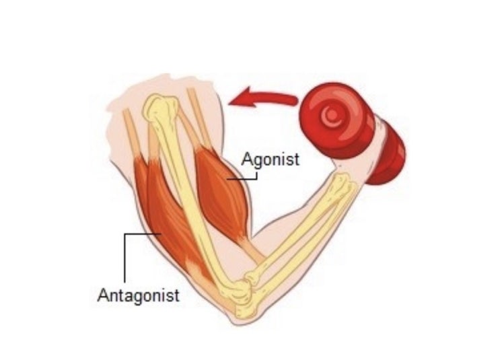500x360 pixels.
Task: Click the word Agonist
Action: coord(271,159)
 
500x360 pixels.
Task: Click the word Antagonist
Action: coord(139,295)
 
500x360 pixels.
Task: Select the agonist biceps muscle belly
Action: coord(221,191)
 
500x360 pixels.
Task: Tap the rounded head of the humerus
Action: coord(159,107)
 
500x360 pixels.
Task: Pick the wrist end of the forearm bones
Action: coord(342,182)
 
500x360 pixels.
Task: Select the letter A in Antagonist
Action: coord(104,295)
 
